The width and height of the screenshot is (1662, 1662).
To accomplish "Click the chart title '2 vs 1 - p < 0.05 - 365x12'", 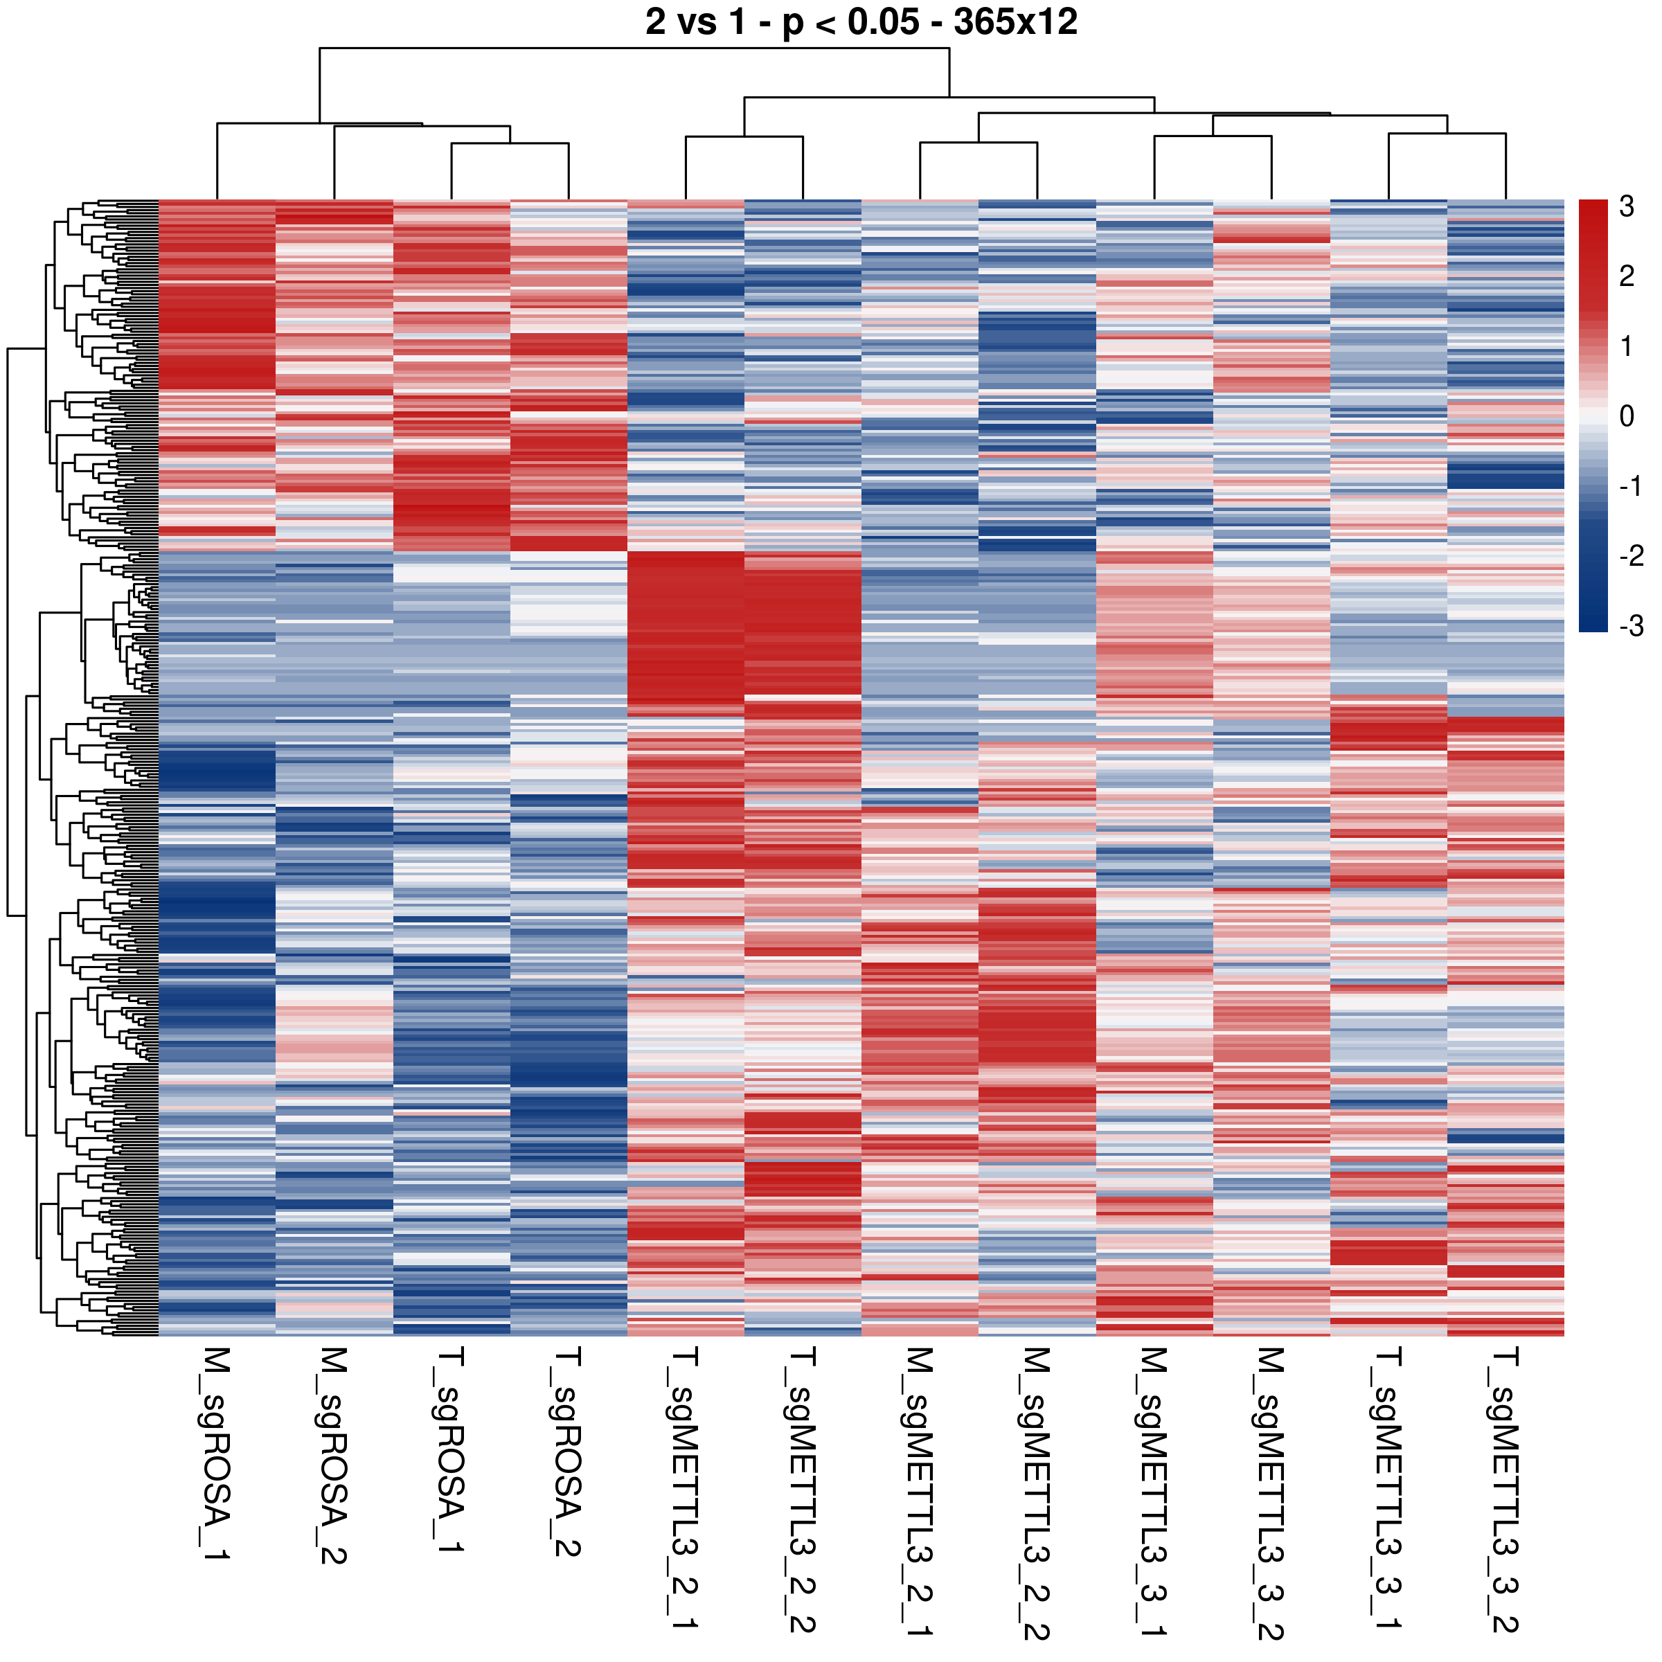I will coord(861,21).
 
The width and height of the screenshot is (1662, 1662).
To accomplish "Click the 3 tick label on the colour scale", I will coord(1626,206).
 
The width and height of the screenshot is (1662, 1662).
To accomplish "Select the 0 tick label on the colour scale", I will coord(1626,416).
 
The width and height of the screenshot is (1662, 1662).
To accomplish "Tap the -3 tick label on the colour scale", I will coord(1630,626).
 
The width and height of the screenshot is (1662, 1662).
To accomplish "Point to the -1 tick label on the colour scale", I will coord(1630,486).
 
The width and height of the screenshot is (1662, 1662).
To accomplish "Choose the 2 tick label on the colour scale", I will coord(1626,276).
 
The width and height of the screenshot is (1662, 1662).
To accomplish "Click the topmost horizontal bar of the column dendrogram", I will coord(634,48).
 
